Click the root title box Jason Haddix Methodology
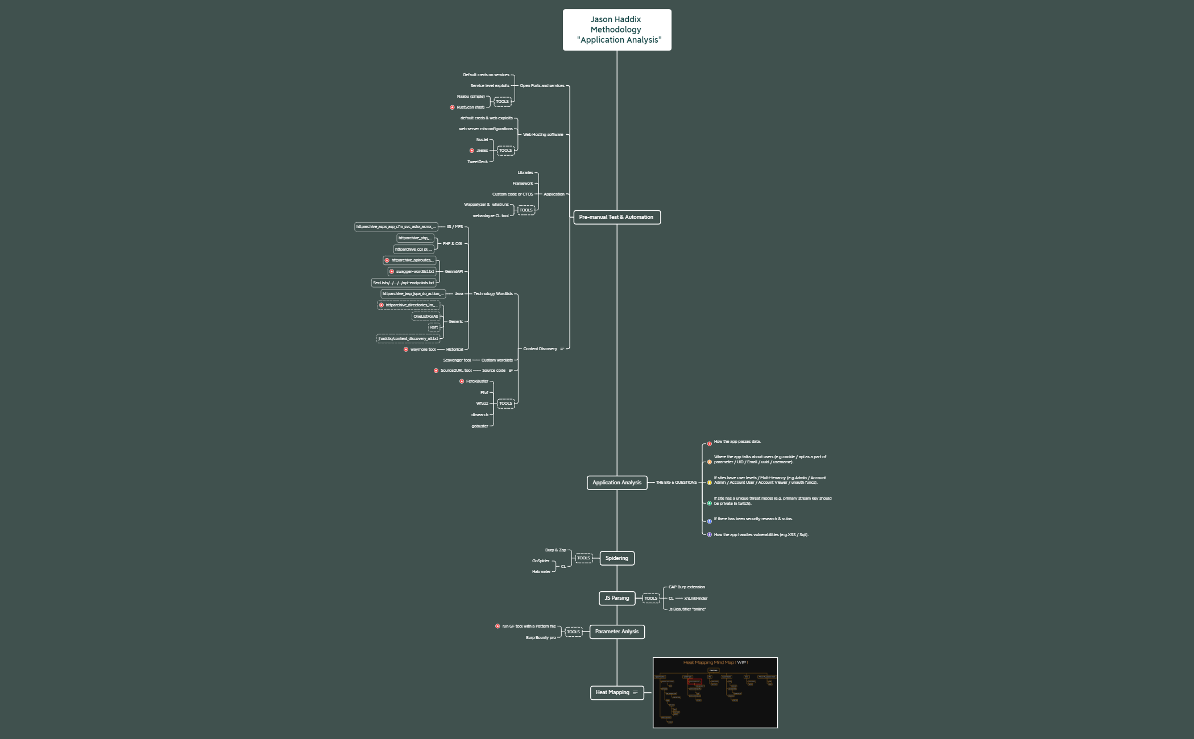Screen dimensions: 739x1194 [x=617, y=30]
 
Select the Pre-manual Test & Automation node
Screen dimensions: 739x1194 [x=617, y=217]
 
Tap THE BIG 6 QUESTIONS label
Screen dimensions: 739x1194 [x=676, y=483]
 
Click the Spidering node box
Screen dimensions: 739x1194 [x=617, y=558]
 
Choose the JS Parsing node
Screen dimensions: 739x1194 [x=617, y=598]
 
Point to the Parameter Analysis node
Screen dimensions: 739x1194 [x=617, y=632]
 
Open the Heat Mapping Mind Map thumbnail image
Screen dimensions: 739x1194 [x=715, y=692]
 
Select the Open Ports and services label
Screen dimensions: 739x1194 [x=542, y=86]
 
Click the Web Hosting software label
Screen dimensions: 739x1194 [x=543, y=135]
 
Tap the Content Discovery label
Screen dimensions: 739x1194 [x=540, y=349]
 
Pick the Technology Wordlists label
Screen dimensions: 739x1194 [x=493, y=294]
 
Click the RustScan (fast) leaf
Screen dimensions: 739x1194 [x=471, y=107]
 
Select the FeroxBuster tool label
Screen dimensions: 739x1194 [x=477, y=381]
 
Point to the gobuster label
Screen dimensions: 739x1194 [x=480, y=426]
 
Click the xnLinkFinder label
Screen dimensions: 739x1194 [x=696, y=599]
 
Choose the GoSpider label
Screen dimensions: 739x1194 [x=541, y=561]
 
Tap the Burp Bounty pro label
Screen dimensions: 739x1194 [x=541, y=638]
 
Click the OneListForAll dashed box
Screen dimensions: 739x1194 [x=426, y=317]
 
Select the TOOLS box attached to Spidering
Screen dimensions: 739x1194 [x=583, y=558]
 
